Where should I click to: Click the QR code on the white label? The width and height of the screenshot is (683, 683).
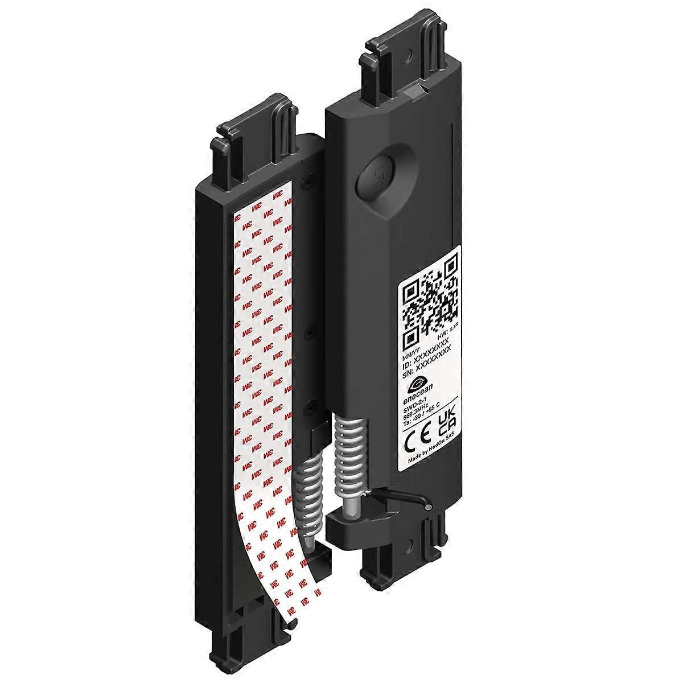(x=430, y=302)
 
